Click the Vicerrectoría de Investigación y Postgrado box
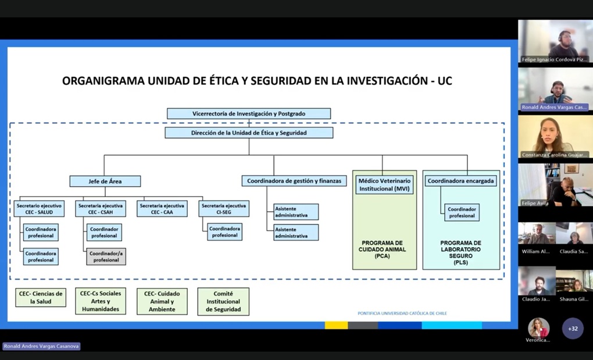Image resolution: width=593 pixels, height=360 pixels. [248, 114]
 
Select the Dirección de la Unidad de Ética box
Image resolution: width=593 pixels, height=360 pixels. [249, 133]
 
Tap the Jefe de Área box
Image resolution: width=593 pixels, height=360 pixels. [105, 181]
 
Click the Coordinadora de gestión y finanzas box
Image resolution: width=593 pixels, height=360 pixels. [294, 181]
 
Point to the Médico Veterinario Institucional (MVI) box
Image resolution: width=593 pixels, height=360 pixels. [384, 185]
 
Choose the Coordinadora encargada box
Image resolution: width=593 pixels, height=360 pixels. [460, 181]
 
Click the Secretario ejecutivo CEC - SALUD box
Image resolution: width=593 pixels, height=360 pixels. [39, 209]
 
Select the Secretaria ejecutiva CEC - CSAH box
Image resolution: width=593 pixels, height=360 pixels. [101, 209]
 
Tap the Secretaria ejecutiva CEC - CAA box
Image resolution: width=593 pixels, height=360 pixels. [162, 209]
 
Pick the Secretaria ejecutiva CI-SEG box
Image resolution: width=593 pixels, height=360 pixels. [224, 209]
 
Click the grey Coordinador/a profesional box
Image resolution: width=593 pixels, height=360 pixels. [106, 256]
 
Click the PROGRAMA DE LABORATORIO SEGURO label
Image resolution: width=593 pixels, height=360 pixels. [460, 252]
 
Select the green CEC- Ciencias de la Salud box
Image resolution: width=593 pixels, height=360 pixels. [41, 298]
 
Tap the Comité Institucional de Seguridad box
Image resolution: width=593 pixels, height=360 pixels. [223, 302]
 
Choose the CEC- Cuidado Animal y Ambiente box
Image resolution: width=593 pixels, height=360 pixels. [162, 302]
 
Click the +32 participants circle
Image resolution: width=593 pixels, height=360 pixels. [573, 329]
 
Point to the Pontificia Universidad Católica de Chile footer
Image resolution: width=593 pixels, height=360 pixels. [402, 313]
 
